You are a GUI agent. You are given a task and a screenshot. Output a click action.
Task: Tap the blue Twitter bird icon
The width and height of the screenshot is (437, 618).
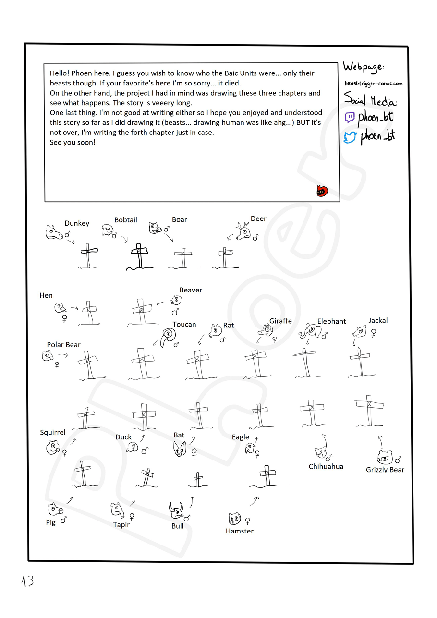[350, 137]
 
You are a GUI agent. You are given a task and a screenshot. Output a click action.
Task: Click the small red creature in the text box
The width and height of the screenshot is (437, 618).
[321, 191]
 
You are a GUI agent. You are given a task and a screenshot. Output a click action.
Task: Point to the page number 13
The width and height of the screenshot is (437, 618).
[27, 581]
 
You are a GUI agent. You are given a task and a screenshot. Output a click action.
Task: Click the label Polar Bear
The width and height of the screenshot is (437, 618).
[64, 345]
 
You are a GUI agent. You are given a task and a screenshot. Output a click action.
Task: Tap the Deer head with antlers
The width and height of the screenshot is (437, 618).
[243, 232]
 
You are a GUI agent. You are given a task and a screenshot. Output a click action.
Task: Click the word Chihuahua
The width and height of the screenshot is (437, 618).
[326, 466]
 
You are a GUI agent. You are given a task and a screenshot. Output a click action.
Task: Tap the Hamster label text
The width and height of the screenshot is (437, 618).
[240, 531]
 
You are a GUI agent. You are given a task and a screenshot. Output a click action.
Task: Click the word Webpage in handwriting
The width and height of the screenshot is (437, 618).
[364, 67]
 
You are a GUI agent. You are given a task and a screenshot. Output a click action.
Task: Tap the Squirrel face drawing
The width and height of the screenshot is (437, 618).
[52, 448]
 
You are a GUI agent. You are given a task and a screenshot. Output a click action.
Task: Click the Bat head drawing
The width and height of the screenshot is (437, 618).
[180, 448]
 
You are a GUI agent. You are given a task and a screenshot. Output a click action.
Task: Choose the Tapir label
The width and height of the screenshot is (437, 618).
[121, 525]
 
